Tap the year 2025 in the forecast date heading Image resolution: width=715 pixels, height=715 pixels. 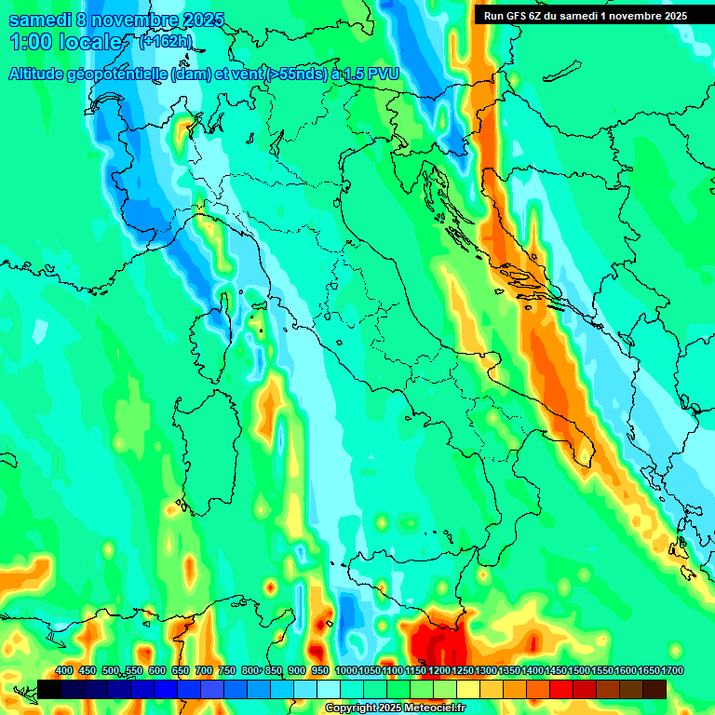[203, 20]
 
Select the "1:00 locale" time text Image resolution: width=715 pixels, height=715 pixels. [65, 42]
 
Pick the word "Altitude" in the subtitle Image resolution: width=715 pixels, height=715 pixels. [42, 74]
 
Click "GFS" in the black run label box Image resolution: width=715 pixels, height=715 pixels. [513, 15]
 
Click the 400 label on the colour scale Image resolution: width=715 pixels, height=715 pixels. [64, 671]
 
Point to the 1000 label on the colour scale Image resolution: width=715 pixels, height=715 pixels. [345, 671]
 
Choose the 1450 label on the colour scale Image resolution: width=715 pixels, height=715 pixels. [555, 671]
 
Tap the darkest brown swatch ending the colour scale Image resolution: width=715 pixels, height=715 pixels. [654, 689]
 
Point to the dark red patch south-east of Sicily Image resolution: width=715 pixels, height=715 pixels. [438, 642]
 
